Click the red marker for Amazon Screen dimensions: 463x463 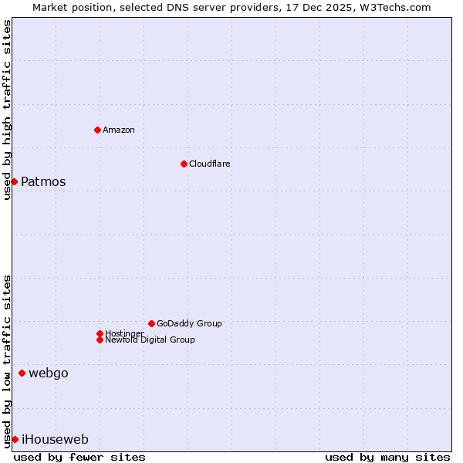[97, 130]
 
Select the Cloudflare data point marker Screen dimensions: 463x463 [184, 164]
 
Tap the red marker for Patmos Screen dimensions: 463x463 [14, 181]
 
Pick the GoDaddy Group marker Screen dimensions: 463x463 [151, 323]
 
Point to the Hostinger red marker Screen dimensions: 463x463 [100, 333]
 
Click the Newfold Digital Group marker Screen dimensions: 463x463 [100, 340]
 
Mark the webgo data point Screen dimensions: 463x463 [22, 373]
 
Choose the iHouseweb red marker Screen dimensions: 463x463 [15, 439]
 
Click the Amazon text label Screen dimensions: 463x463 [119, 130]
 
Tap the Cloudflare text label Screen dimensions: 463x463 [210, 164]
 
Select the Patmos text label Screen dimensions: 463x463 [43, 182]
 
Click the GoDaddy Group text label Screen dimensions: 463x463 [189, 323]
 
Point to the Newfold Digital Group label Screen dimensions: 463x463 [150, 340]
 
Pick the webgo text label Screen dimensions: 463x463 [49, 373]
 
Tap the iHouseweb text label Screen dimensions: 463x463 [55, 440]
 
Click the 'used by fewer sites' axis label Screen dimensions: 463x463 [79, 457]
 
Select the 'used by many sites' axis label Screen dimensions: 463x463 [387, 457]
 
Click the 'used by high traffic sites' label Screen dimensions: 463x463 [7, 110]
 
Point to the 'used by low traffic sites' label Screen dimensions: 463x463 [7, 361]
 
